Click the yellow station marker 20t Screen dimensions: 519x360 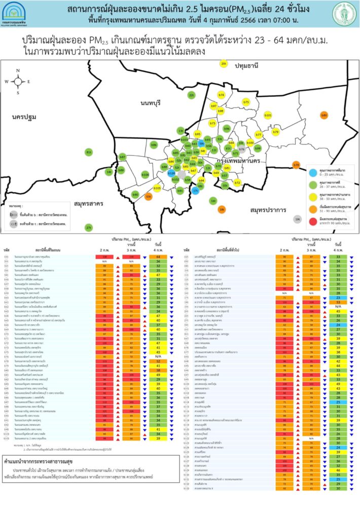224,64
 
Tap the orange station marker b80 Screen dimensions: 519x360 324,116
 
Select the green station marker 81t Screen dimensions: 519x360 89,152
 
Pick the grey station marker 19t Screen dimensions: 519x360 297,219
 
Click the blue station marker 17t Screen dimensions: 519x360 196,191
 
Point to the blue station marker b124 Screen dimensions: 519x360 171,173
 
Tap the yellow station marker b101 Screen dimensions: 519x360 268,116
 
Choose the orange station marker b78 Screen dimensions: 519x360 296,165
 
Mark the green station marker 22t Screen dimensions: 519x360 191,95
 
